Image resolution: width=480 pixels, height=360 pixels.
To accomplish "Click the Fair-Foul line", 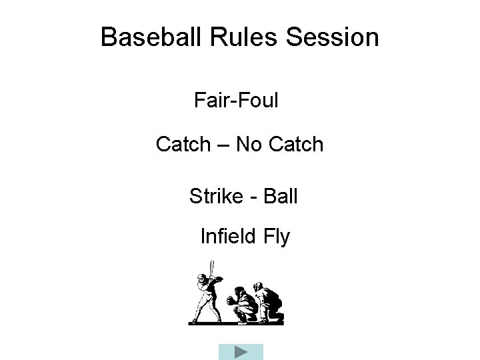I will click(236, 101).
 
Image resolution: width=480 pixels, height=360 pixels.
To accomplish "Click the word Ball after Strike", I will click(281, 197).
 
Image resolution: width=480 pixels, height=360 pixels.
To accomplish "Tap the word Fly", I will click(276, 237).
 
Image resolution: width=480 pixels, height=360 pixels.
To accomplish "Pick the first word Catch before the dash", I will click(183, 144).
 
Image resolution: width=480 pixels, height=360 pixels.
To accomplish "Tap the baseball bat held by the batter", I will click(211, 269).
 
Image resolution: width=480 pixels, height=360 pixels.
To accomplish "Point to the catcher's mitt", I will click(231, 301).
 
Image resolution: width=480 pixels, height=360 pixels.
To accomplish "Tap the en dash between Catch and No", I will click(223, 145).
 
